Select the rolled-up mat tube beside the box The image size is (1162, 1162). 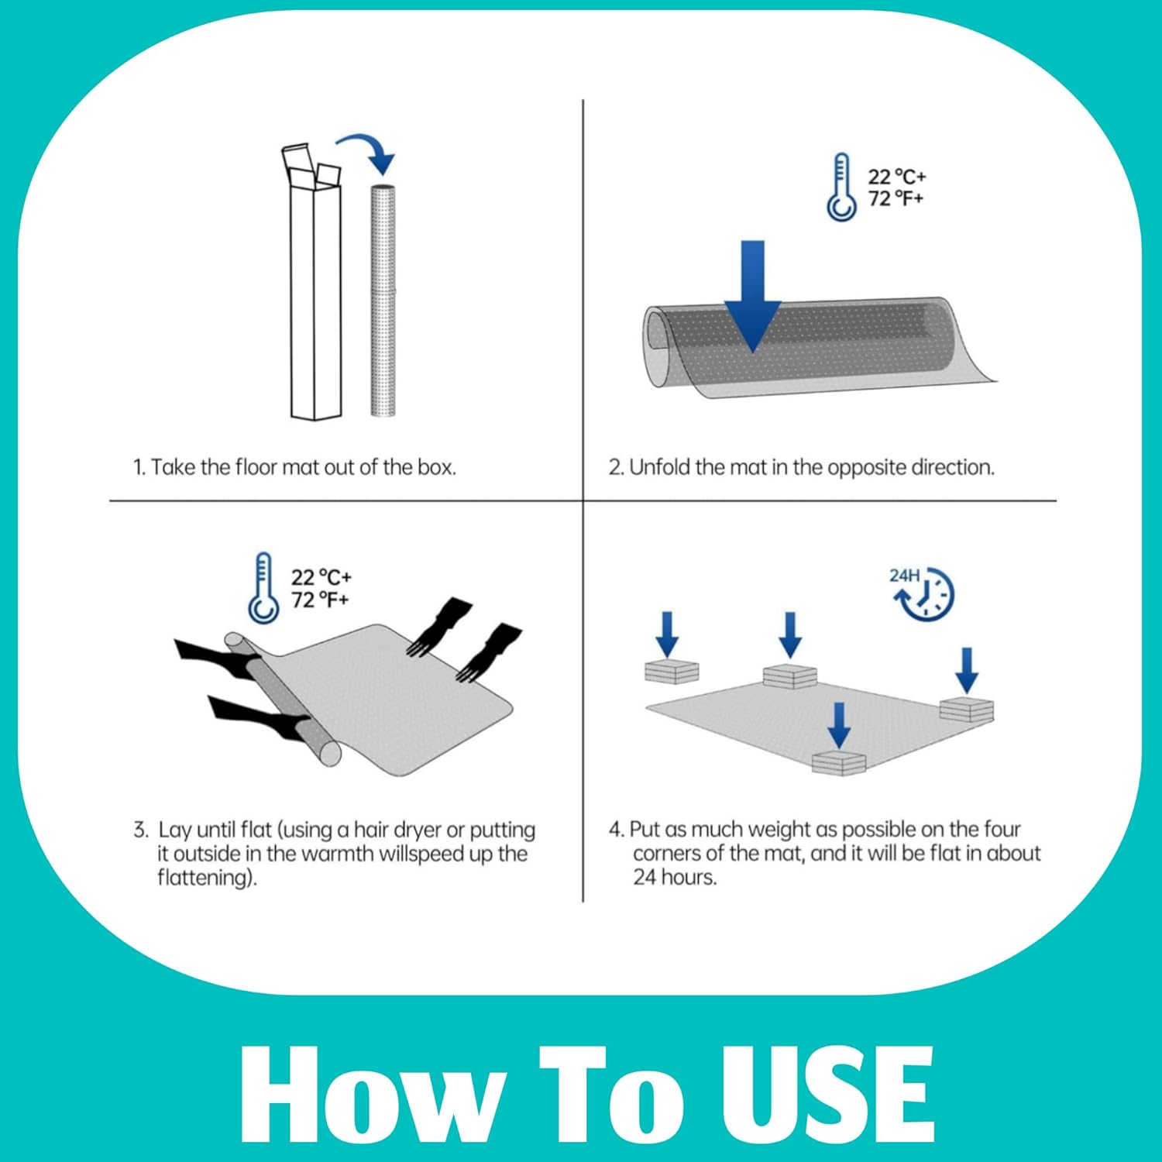(383, 301)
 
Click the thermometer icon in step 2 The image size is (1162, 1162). (841, 187)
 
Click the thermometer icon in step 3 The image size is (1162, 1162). (263, 588)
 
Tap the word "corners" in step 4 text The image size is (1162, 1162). (662, 853)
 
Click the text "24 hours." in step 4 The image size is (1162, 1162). (675, 877)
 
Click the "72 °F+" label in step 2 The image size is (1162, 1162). (896, 198)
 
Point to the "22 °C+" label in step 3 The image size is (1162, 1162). (321, 577)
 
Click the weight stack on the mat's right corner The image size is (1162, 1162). (967, 710)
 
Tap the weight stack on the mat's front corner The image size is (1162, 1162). (839, 762)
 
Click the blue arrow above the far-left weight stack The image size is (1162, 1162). (667, 634)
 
